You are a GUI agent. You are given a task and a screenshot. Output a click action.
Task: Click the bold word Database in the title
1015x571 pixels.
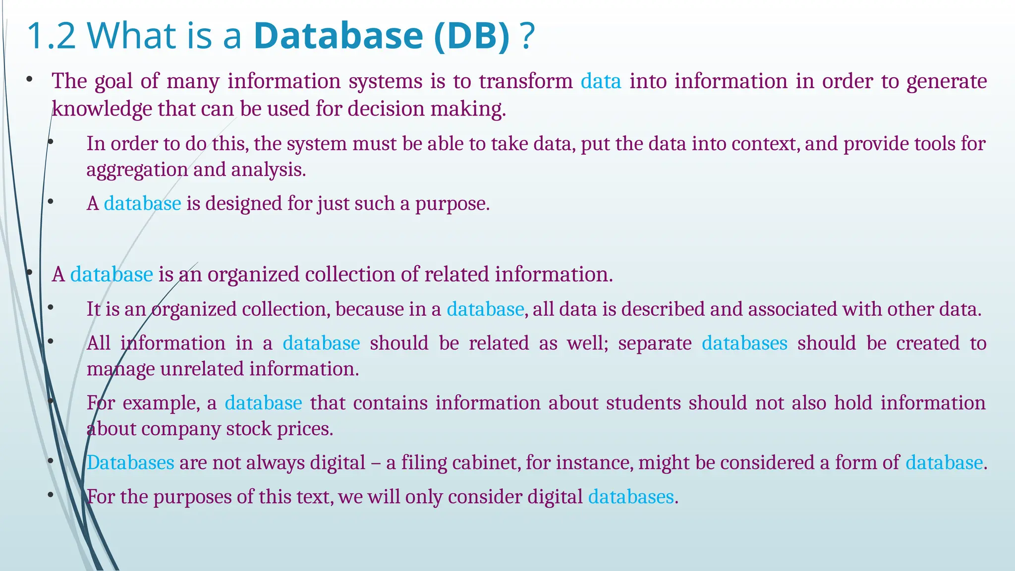[x=338, y=36]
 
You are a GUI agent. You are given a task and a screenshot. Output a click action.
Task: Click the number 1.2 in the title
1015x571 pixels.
[x=51, y=36]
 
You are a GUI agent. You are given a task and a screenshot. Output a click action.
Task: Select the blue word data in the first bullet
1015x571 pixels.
[x=601, y=81]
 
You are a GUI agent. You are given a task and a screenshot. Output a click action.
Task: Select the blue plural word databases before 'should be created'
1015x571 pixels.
[x=744, y=343]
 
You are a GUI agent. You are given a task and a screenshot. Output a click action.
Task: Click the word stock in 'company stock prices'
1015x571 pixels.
[x=249, y=429]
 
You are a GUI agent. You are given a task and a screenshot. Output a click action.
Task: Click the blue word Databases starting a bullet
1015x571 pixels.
[x=130, y=463]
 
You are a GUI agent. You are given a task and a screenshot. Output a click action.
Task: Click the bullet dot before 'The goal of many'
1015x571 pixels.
[x=30, y=79]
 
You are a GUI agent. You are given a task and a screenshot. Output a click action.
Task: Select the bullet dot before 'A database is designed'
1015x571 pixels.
[x=50, y=202]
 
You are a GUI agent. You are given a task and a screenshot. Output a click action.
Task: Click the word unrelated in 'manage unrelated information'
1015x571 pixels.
[x=202, y=369]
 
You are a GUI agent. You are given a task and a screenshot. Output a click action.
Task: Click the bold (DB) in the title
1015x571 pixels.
[x=471, y=36]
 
